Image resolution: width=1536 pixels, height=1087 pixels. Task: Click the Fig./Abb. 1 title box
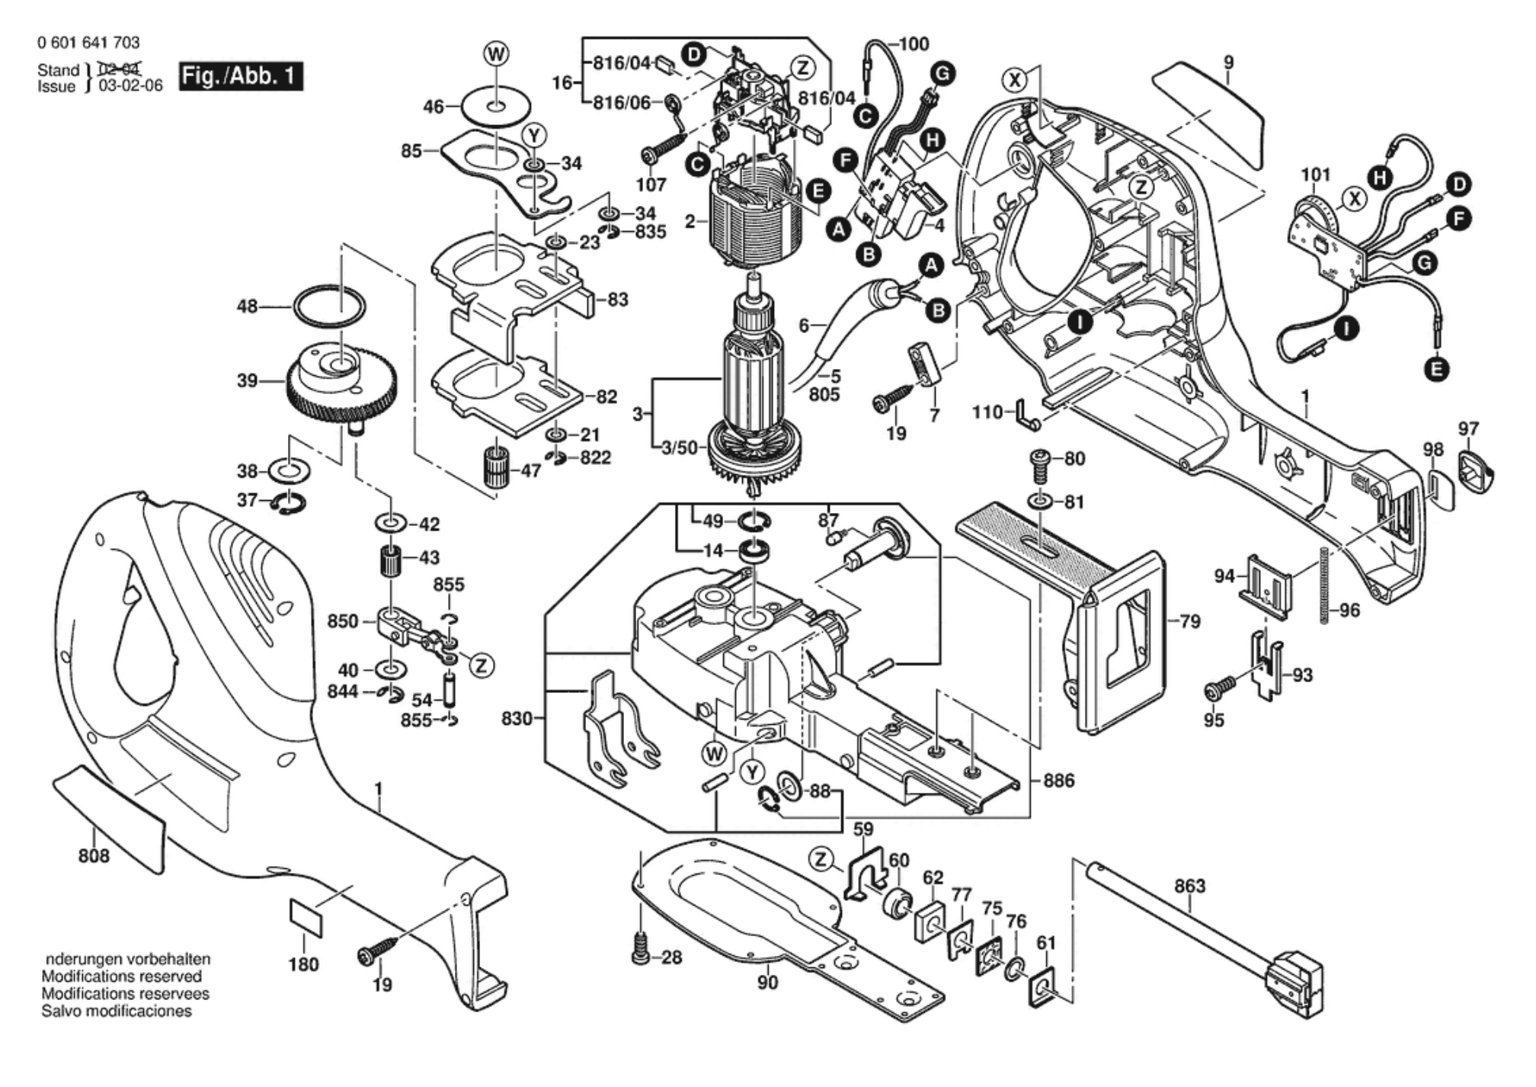(241, 77)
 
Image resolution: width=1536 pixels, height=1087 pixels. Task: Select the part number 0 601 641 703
(88, 43)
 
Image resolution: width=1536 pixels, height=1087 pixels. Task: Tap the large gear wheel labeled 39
(342, 389)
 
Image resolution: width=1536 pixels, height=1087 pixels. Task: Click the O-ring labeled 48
(329, 306)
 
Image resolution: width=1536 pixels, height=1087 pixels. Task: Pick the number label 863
(1189, 886)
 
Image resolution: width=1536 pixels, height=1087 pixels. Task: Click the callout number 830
(517, 718)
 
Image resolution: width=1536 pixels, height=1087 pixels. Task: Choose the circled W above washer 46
(497, 54)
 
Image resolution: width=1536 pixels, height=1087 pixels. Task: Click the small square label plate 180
(306, 918)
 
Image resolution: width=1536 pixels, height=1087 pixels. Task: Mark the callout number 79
(1189, 621)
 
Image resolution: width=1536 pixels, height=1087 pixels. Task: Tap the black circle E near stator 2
(818, 191)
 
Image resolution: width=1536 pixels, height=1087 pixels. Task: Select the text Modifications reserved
(121, 976)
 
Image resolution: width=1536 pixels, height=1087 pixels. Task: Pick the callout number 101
(1315, 175)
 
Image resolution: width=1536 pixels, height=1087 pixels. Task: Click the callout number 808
(94, 856)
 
